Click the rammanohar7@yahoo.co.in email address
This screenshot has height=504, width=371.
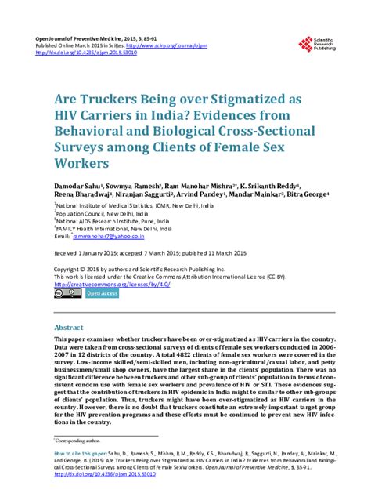100,235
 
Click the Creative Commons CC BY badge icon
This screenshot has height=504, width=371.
64,293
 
